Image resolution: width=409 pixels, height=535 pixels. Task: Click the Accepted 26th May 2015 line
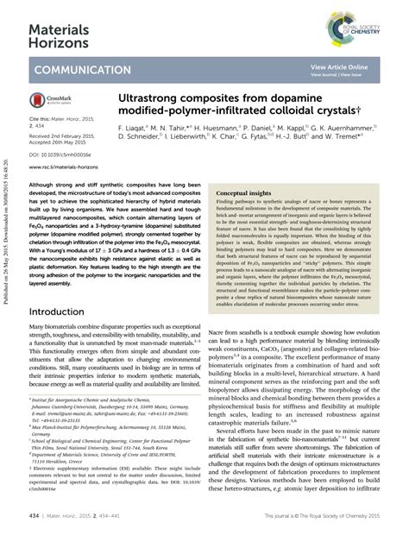pos(62,142)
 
